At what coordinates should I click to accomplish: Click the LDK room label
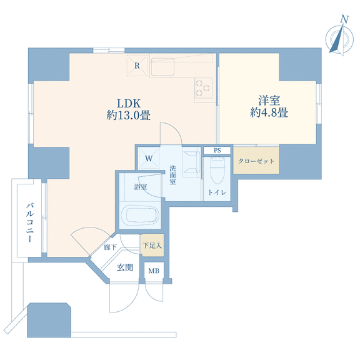(x=129, y=104)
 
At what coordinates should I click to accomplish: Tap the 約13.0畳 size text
(x=128, y=115)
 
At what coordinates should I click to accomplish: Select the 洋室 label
(x=269, y=101)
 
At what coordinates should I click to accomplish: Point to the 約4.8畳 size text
(x=269, y=112)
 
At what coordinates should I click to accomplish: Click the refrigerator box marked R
(x=137, y=66)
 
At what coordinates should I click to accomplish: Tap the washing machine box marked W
(x=149, y=158)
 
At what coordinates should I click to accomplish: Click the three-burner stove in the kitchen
(x=203, y=87)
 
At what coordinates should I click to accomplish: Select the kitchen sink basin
(x=162, y=67)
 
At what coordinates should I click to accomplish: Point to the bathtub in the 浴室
(x=140, y=215)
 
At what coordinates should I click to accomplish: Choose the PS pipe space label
(x=217, y=151)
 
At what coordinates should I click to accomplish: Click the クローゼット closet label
(x=256, y=161)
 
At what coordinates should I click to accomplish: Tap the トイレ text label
(x=217, y=192)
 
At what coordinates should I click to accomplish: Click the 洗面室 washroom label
(x=172, y=175)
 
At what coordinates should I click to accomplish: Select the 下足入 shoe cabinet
(x=152, y=245)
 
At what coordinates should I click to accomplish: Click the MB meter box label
(x=154, y=271)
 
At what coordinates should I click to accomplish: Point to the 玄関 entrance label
(x=125, y=267)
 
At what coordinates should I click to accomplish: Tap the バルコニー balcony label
(x=30, y=222)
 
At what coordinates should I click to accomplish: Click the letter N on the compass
(x=344, y=19)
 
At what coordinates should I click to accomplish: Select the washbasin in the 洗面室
(x=191, y=164)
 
